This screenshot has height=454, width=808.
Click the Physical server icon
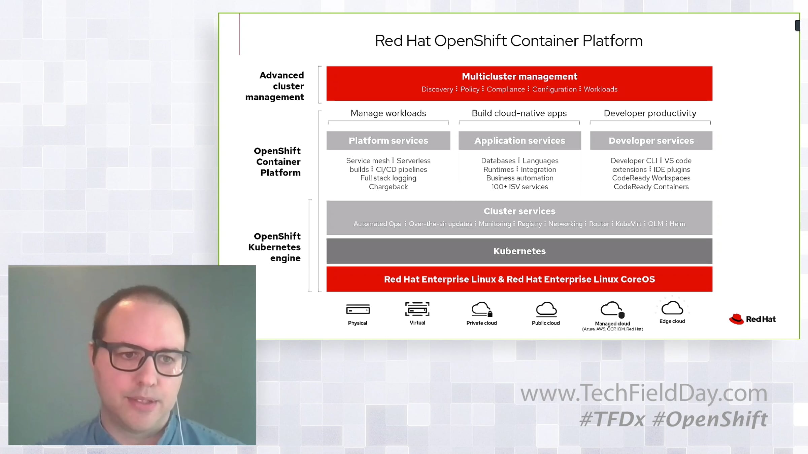pos(358,309)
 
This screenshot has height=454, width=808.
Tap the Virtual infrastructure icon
pos(417,309)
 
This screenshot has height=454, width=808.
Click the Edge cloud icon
pos(672,307)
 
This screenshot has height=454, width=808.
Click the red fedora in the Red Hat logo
pos(736,319)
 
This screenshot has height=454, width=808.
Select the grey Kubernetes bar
pos(519,251)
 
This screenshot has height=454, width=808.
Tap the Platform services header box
pos(388,141)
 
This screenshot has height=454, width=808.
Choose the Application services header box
pos(519,141)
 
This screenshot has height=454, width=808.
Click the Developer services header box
pos(651,141)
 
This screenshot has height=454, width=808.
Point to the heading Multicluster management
pos(519,77)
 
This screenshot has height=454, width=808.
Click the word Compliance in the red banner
pos(506,89)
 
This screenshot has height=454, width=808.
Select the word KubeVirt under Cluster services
pos(628,224)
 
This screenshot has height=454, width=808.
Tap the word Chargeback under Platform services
pos(388,187)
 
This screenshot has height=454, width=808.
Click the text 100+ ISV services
pos(519,187)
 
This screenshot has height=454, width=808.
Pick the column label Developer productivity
pos(650,113)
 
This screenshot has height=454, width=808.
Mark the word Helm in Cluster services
pos(677,224)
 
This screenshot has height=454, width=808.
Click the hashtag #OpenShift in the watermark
pos(710,419)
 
